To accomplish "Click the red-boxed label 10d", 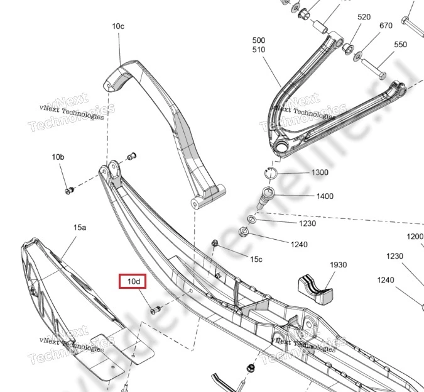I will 134,281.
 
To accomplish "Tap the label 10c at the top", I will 118,26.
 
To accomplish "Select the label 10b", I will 58,157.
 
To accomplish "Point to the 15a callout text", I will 79,225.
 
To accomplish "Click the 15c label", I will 256,259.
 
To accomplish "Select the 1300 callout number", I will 320,172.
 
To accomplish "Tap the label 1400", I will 325,196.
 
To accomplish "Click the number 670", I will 386,25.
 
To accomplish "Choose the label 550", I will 400,45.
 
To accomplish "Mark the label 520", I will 364,18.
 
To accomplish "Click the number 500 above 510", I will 258,40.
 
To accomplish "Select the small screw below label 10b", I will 70,189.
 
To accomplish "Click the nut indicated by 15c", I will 215,243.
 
